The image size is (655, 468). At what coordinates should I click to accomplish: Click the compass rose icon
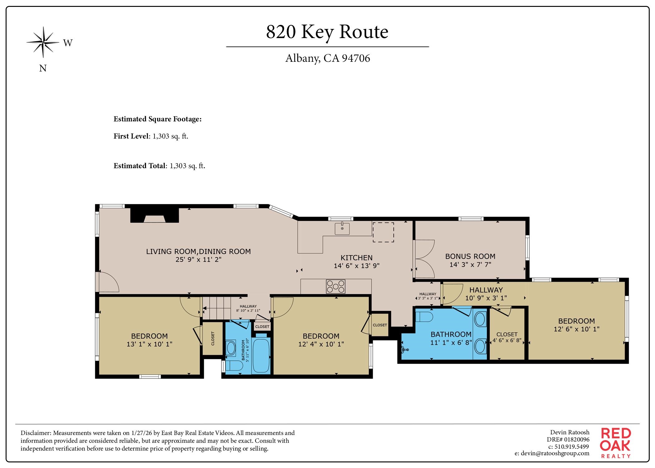[x=43, y=42]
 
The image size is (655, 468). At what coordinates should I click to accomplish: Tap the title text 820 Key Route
[x=327, y=32]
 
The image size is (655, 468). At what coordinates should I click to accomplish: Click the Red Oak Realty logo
[x=615, y=443]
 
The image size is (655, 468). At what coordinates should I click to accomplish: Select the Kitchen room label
[x=356, y=258]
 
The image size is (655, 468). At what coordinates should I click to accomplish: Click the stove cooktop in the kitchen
[x=336, y=286]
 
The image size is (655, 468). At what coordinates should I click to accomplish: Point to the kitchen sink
[x=342, y=228]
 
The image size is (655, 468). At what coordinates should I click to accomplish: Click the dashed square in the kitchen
[x=383, y=232]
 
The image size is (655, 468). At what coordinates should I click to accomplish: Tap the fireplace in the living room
[x=154, y=216]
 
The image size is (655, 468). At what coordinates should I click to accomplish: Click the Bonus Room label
[x=470, y=256]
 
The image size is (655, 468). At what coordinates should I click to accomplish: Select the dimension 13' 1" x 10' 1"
[x=149, y=344]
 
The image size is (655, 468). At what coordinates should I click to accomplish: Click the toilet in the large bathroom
[x=424, y=317]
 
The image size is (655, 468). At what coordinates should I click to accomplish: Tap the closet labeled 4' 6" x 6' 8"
[x=507, y=337]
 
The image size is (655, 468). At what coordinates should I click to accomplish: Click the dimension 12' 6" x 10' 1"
[x=576, y=329]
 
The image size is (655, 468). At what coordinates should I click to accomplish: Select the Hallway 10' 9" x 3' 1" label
[x=486, y=294]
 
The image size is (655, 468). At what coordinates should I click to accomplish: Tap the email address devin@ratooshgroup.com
[x=552, y=453]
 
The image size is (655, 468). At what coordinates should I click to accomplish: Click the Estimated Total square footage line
[x=159, y=166]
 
